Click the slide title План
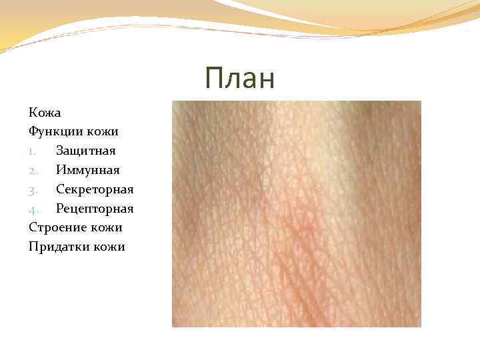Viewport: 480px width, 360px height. [240, 79]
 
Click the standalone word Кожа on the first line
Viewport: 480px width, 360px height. [45, 113]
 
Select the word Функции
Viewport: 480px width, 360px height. [55, 132]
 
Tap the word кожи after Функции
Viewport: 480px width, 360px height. [101, 132]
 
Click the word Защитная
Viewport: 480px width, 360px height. [86, 151]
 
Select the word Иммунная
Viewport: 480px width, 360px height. [88, 171]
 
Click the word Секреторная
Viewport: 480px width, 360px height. [95, 189]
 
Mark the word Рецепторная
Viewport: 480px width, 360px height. [95, 209]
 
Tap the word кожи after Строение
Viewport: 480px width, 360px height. [106, 228]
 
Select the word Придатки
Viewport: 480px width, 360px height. [58, 247]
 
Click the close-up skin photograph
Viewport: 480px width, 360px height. [297, 213]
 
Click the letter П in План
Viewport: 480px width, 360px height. [215, 79]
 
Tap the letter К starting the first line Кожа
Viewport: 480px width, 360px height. [33, 113]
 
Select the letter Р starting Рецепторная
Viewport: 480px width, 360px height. [59, 209]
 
